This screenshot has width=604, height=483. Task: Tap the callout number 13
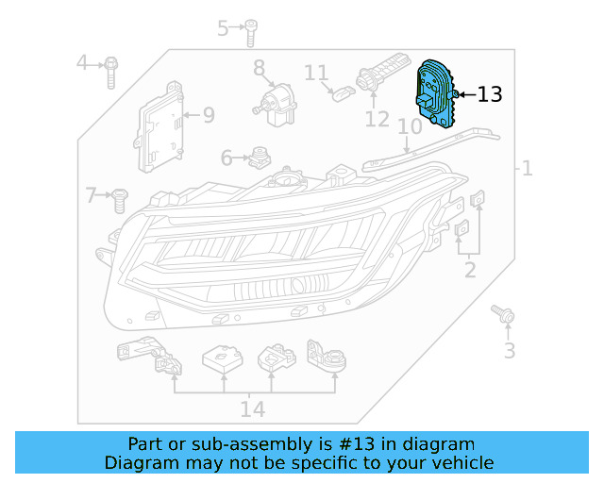489,94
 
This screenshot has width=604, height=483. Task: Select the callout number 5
224,28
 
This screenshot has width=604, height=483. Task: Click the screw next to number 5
251,33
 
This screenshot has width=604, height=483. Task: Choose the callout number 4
82,63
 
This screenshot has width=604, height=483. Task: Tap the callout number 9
208,115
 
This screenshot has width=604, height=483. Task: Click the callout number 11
316,72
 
